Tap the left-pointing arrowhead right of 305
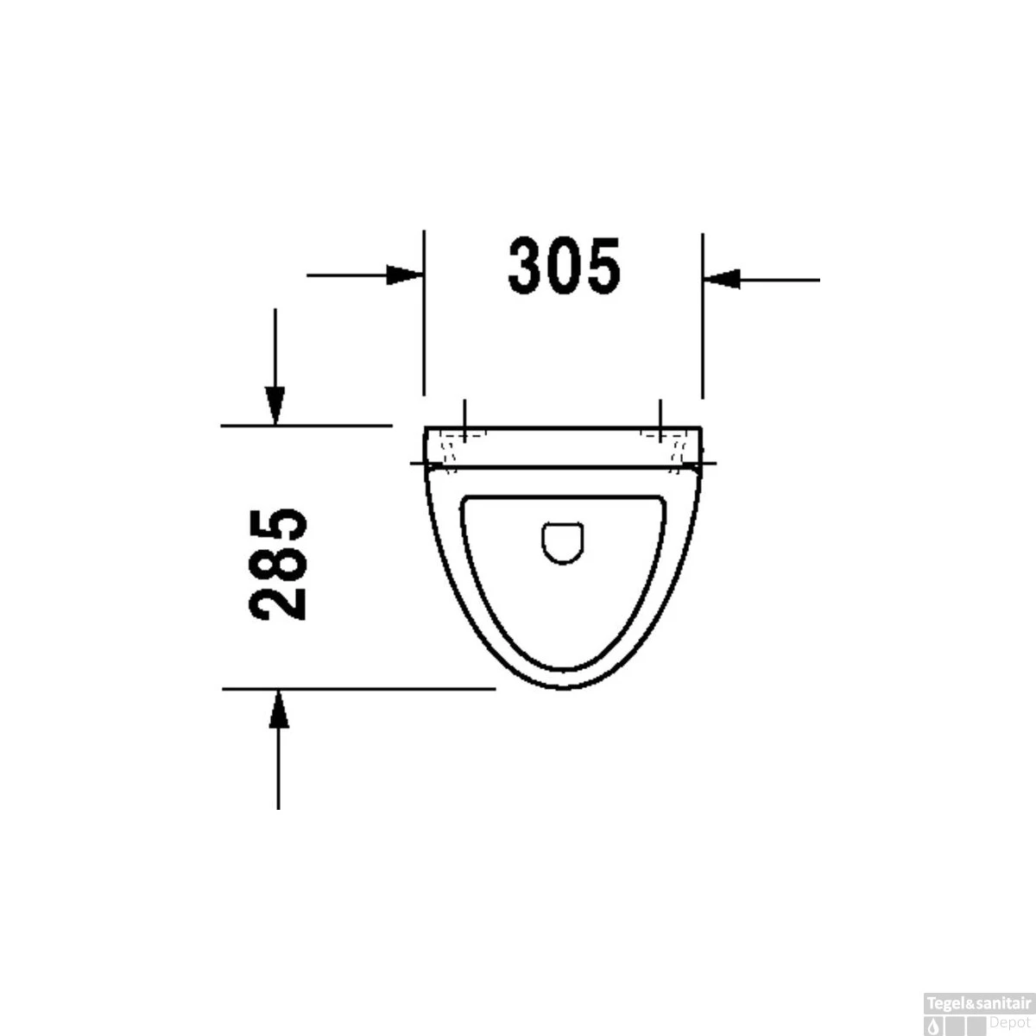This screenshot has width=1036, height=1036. pyautogui.click(x=722, y=280)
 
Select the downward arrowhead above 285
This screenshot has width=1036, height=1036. pyautogui.click(x=275, y=404)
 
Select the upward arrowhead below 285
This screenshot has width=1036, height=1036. pyautogui.click(x=278, y=710)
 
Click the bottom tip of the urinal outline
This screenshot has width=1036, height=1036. pyautogui.click(x=565, y=690)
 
